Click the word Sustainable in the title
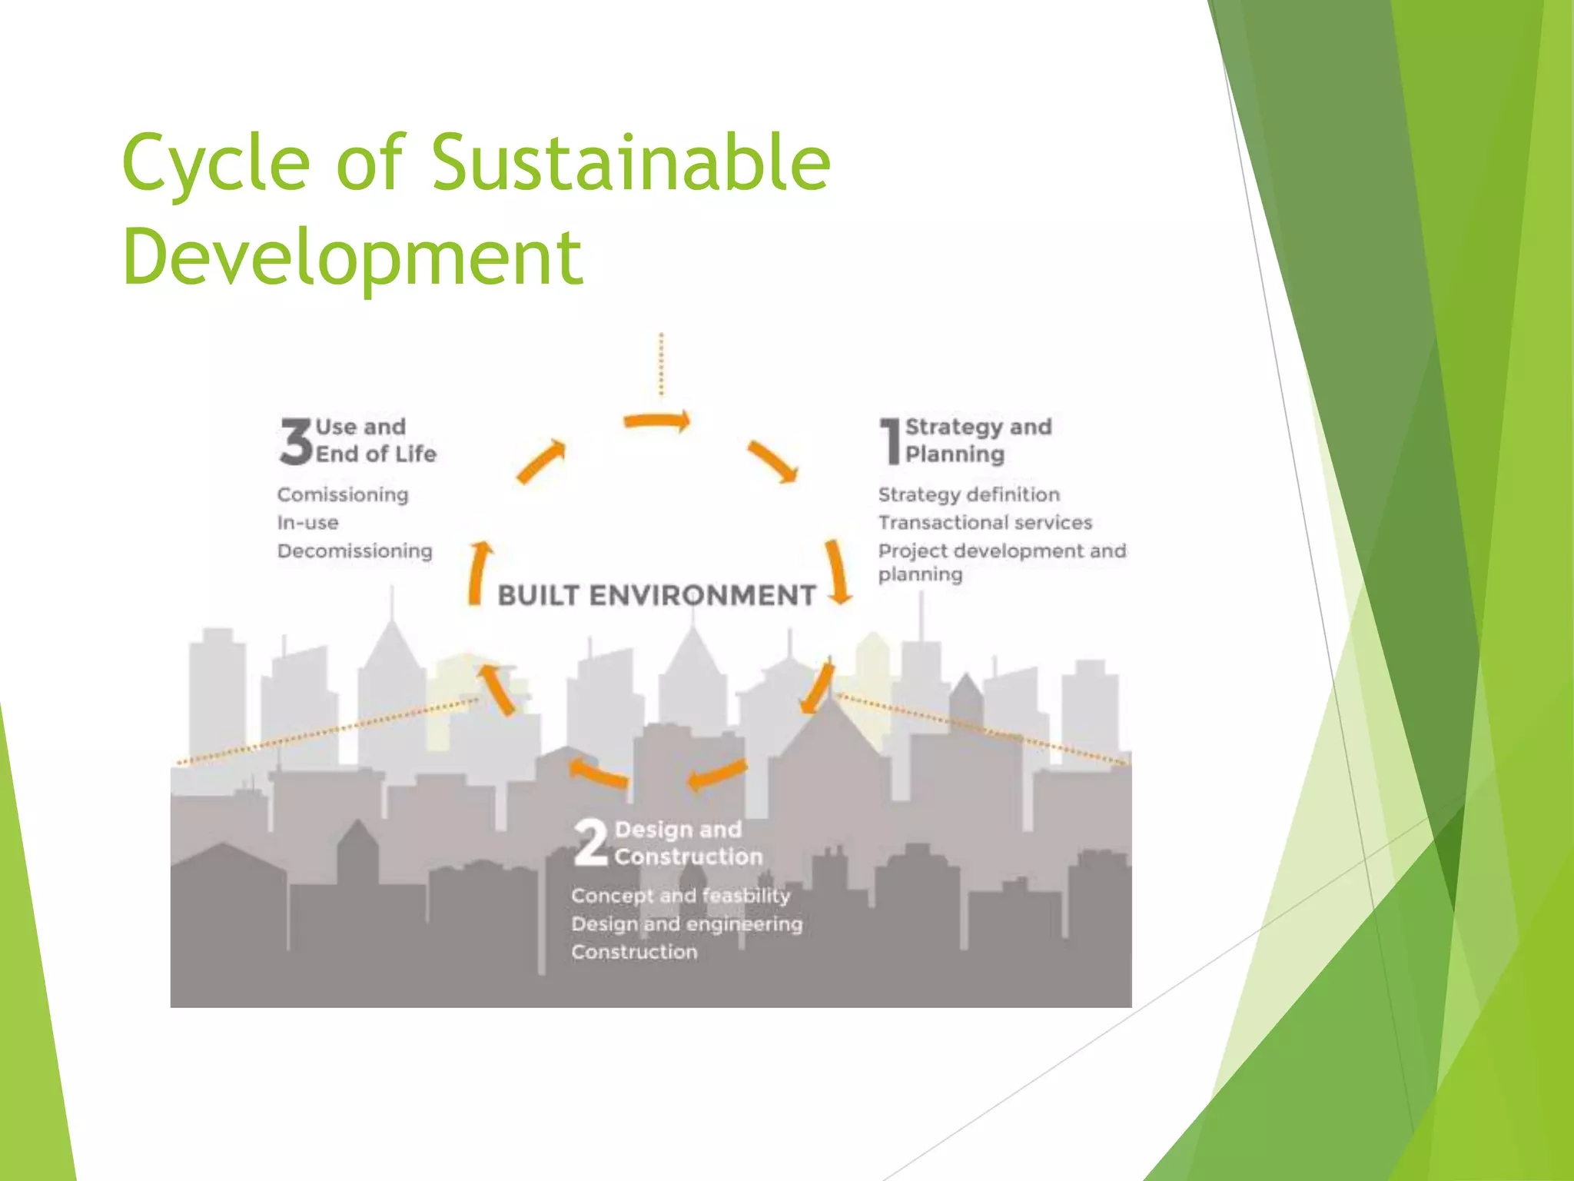(630, 163)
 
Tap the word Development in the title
(353, 258)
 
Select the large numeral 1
(890, 441)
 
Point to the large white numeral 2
(590, 843)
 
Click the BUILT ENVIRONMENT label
(656, 595)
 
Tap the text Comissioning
(343, 494)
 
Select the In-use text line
(307, 523)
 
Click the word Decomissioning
(355, 551)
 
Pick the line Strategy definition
(968, 494)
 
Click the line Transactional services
(985, 523)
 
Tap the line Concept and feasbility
(680, 896)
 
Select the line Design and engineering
(686, 924)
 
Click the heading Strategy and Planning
(978, 441)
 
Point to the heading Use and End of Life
(375, 441)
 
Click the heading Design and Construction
(688, 843)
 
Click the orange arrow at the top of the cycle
(656, 421)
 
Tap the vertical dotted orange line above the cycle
(661, 364)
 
